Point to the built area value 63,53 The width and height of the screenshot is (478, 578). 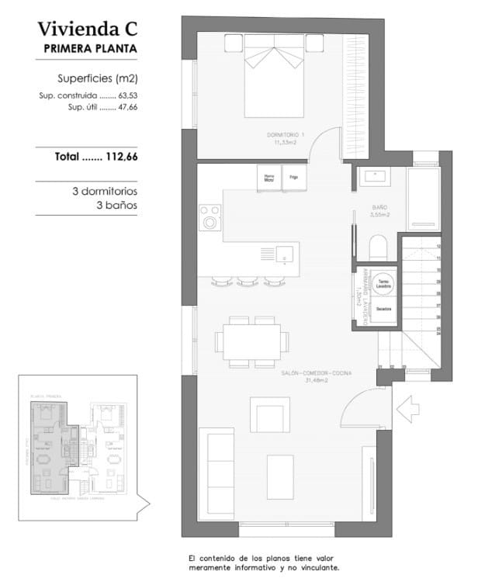125,95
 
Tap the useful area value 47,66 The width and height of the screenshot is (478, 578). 125,107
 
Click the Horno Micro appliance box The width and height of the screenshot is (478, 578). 269,178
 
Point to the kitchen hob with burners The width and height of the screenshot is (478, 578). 210,217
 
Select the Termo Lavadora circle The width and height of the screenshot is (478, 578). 383,284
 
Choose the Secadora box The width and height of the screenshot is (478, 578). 383,310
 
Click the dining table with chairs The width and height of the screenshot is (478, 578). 251,340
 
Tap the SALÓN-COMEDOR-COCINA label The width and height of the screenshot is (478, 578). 316,376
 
